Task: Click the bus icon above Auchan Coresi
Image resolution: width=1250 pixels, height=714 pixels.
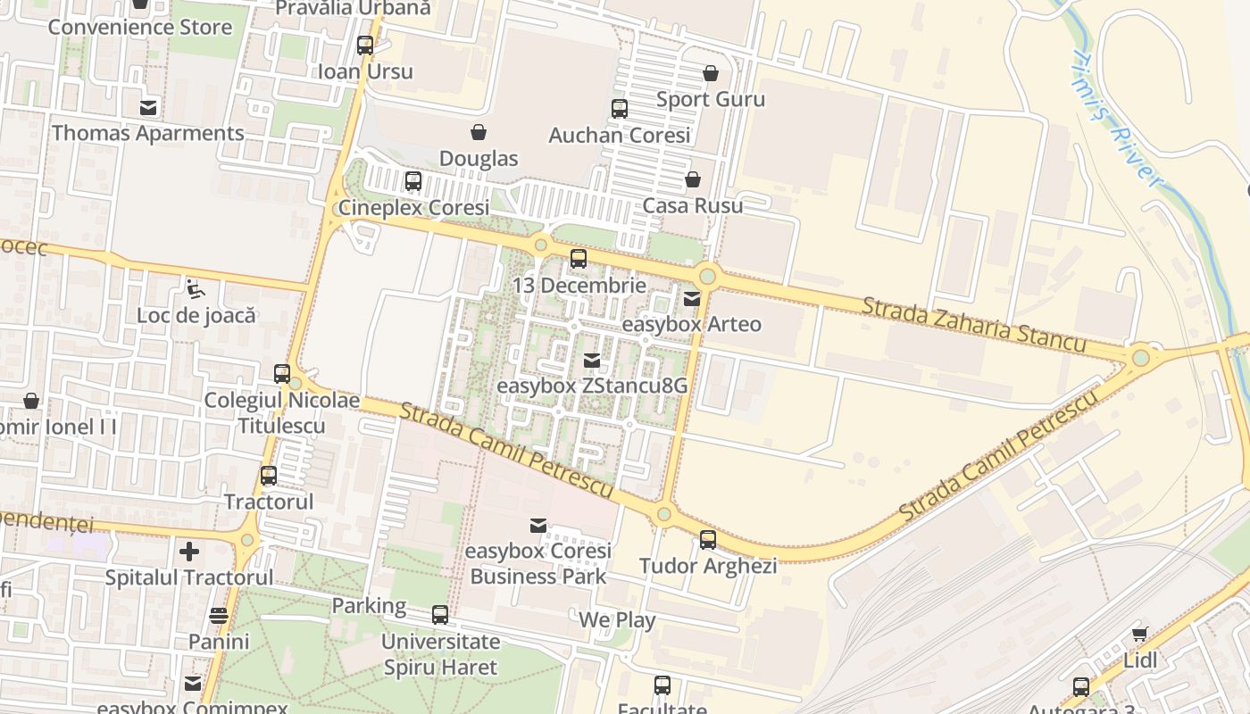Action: [619, 109]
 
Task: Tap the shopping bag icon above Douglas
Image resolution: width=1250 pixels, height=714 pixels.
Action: [479, 133]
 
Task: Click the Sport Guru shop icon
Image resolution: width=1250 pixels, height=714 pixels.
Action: [711, 73]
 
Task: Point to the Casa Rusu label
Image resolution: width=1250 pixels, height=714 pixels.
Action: [692, 205]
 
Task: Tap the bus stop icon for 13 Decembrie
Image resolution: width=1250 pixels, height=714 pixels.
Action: [579, 260]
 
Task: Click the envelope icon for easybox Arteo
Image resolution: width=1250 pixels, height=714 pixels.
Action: [692, 299]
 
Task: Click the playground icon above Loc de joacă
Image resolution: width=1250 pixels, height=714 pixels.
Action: [194, 288]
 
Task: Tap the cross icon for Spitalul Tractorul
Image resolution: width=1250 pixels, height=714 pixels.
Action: [189, 552]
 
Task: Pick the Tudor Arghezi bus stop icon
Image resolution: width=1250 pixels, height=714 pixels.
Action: [708, 540]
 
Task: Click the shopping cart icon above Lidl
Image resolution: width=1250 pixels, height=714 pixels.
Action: [1139, 635]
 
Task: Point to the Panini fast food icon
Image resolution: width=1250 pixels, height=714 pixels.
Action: [219, 616]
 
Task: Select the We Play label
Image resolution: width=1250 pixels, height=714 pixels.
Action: [617, 619]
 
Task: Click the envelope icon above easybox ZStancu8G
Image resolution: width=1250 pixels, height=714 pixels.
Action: [591, 361]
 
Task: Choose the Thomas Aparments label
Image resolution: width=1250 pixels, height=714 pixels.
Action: [147, 133]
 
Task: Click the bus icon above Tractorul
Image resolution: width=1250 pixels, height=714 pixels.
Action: [269, 476]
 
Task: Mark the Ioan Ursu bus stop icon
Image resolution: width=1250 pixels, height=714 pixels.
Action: [365, 46]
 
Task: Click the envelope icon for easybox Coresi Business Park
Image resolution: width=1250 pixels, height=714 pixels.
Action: [538, 526]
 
